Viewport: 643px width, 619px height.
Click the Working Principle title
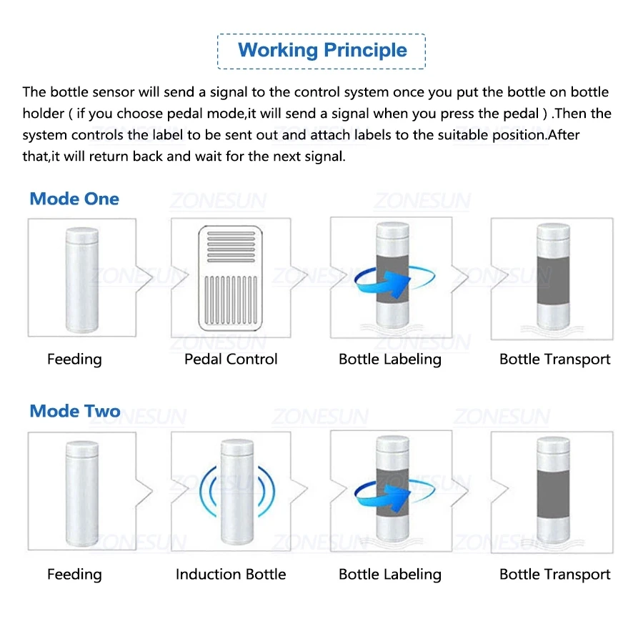click(321, 51)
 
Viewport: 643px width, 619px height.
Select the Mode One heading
click(74, 199)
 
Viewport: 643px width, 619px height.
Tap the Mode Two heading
click(74, 411)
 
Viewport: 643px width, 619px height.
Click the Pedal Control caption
click(231, 360)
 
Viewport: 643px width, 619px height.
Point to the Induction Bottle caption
click(231, 574)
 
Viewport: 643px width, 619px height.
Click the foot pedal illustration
click(231, 279)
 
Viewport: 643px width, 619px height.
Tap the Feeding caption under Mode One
click(74, 360)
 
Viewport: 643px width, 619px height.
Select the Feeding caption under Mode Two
click(74, 574)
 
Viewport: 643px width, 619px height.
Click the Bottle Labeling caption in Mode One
click(390, 360)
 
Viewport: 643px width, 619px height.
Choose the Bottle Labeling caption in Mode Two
click(390, 574)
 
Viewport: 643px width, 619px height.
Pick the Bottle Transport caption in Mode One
click(555, 360)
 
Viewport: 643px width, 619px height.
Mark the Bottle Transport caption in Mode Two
click(555, 574)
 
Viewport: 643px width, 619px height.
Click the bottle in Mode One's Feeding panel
click(81, 279)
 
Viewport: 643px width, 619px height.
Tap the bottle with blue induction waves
click(236, 493)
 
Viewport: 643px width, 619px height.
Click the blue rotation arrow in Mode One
click(382, 281)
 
